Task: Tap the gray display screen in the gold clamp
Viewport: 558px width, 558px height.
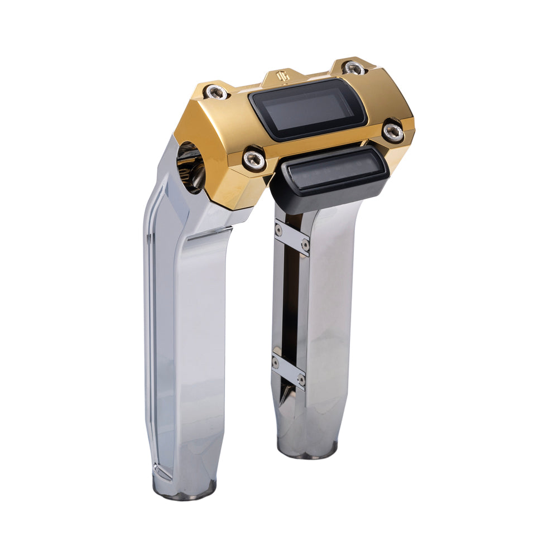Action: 307,109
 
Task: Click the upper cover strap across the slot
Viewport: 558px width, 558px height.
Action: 292,237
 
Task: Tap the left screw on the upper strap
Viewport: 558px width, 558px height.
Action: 278,228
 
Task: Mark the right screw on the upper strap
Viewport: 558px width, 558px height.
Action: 305,244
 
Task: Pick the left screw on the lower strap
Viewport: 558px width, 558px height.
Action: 276,363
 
